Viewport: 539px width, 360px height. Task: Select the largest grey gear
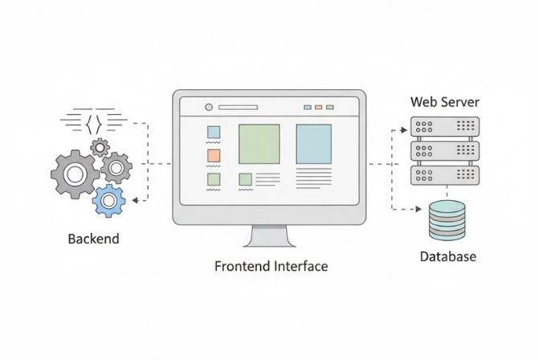pyautogui.click(x=75, y=173)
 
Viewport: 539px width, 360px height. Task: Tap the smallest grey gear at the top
pyautogui.click(x=100, y=147)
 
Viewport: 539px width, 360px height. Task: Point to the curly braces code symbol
pyautogui.click(x=94, y=123)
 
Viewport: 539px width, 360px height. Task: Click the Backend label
pyautogui.click(x=94, y=239)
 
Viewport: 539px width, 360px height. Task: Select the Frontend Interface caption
pyautogui.click(x=271, y=266)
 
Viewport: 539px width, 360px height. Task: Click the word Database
pyautogui.click(x=447, y=257)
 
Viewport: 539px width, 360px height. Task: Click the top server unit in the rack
pyautogui.click(x=444, y=126)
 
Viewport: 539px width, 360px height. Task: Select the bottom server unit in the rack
pyautogui.click(x=444, y=174)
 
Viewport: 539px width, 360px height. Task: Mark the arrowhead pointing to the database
pyautogui.click(x=420, y=211)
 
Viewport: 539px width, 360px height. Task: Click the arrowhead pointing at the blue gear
pyautogui.click(x=135, y=200)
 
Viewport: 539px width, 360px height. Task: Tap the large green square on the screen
pyautogui.click(x=259, y=144)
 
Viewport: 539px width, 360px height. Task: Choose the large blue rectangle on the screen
pyautogui.click(x=313, y=144)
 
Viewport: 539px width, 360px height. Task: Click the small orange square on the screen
pyautogui.click(x=214, y=155)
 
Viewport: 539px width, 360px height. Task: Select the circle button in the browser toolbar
pyautogui.click(x=209, y=107)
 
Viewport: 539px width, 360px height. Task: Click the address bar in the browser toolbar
pyautogui.click(x=238, y=107)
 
